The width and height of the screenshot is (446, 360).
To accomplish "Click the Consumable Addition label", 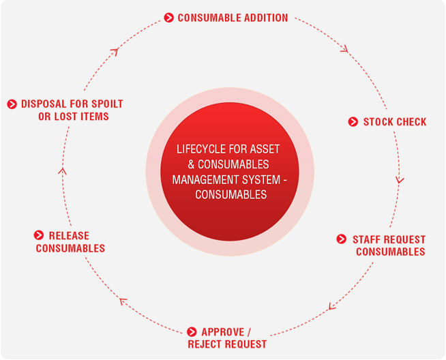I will tap(233, 18).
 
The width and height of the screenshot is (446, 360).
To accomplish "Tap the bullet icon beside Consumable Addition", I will tap(168, 18).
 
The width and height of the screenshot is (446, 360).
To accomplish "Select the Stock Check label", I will tap(394, 122).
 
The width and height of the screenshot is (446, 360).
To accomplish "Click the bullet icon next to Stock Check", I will tap(353, 122).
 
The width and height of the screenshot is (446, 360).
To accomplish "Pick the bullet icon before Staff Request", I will tap(342, 239).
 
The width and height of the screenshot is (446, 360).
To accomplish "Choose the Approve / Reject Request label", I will tap(227, 338).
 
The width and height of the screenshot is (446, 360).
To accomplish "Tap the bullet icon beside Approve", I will tap(192, 332).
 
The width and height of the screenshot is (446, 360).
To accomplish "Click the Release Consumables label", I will tap(70, 242).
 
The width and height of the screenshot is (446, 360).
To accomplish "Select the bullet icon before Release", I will tap(39, 235).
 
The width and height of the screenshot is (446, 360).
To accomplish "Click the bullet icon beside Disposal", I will tap(12, 104).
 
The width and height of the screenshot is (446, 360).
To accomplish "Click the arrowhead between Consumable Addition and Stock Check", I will tap(344, 48).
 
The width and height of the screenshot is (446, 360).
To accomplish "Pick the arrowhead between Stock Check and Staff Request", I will tap(400, 181).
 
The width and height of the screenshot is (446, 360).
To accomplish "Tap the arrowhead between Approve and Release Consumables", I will tap(123, 301).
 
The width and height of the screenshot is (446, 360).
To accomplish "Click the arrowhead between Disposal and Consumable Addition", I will tap(115, 51).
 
